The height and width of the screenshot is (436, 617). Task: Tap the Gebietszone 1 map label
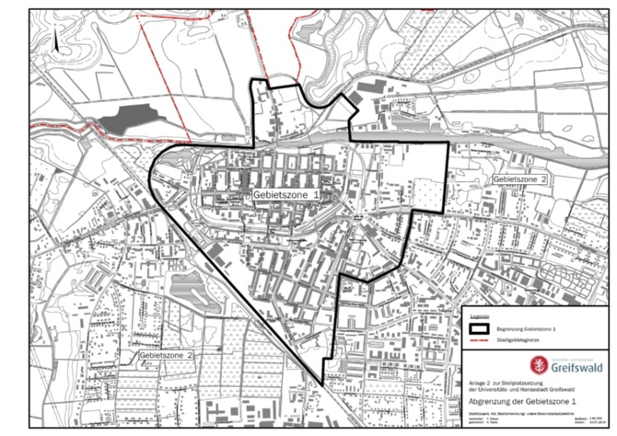pos(288,196)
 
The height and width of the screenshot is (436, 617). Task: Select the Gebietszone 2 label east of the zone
pos(521,178)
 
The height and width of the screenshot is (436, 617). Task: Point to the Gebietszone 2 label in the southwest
pos(167,354)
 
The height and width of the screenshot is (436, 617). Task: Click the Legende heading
pos(479,316)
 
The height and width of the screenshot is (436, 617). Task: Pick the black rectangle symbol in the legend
pos(479,327)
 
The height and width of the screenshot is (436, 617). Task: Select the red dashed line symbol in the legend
pos(479,339)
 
